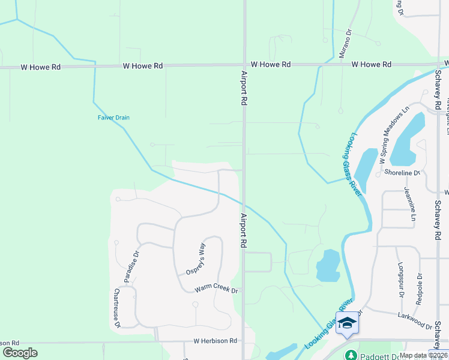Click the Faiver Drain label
point(113,118)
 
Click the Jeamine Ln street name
point(410,203)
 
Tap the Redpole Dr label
point(419,289)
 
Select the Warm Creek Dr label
point(216,290)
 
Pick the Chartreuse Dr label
point(117,308)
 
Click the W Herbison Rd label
point(215,341)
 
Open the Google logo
point(20,353)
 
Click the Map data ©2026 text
point(423,355)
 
